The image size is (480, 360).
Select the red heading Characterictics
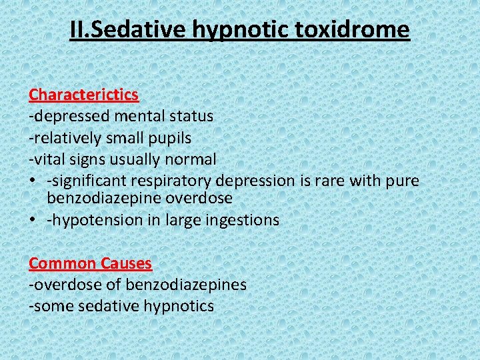tap(83, 95)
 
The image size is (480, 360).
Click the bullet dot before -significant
tap(33, 181)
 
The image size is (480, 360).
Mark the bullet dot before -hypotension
tap(33, 219)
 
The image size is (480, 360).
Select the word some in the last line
tap(51, 306)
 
